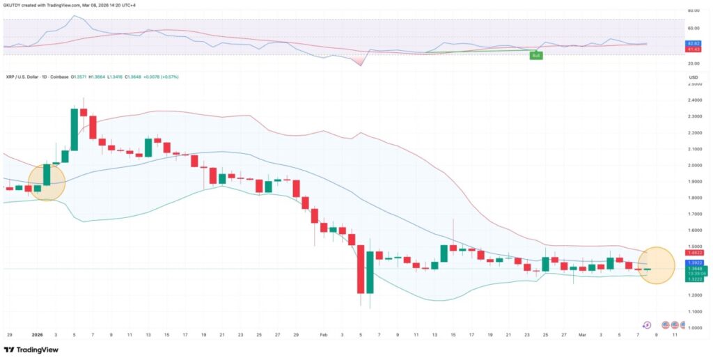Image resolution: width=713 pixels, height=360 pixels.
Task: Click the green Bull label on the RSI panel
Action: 535,54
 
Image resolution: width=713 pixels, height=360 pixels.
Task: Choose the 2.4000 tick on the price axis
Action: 694,100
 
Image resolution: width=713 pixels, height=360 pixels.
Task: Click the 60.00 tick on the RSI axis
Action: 694,29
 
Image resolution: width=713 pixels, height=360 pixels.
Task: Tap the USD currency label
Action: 694,77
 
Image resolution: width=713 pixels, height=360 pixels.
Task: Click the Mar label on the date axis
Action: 582,335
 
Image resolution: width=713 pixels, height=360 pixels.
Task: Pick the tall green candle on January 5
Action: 74,130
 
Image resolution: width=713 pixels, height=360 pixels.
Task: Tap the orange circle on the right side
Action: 656,265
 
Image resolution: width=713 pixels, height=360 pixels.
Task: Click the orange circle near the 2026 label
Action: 47,182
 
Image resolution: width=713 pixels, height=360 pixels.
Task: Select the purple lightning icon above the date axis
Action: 647,324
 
